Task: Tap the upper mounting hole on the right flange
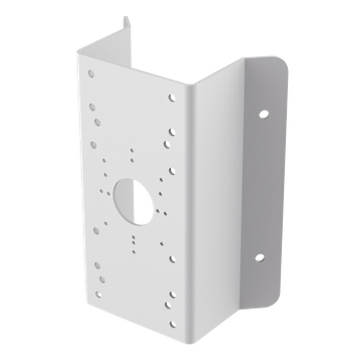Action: click(264, 114)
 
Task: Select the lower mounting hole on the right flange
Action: click(259, 257)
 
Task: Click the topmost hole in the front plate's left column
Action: click(91, 74)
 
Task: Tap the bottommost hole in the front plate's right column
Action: click(172, 324)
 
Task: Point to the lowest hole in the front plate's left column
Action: click(98, 295)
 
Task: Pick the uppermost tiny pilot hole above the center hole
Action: click(132, 150)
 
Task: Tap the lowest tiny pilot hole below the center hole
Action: click(133, 251)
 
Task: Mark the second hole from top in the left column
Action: click(92, 107)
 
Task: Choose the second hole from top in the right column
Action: click(172, 131)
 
